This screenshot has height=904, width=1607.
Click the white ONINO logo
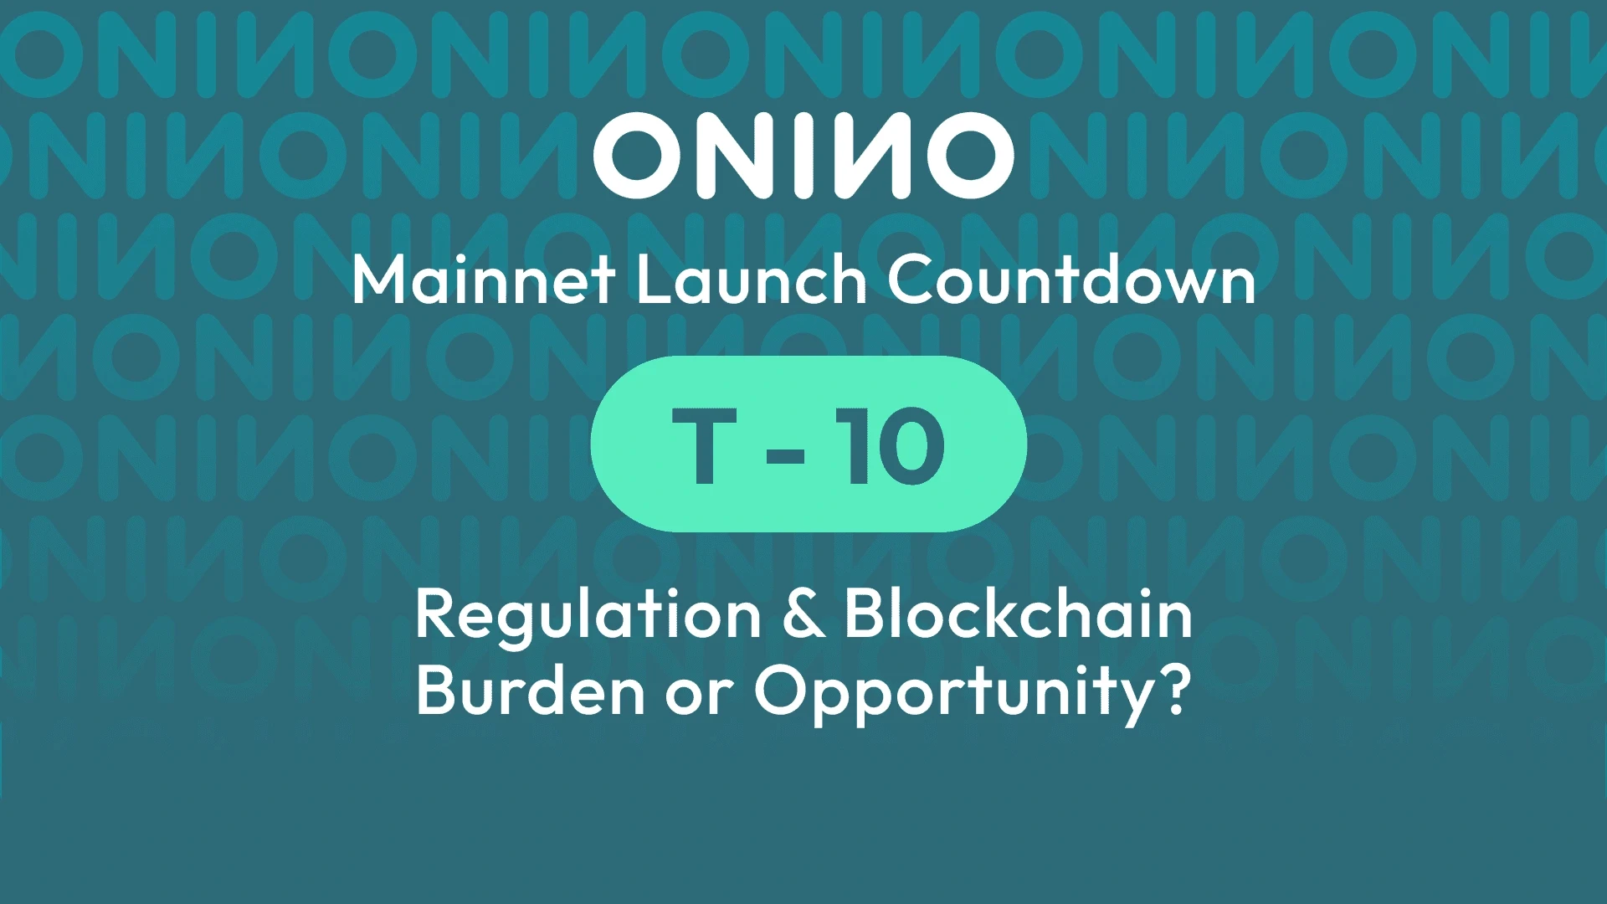tap(803, 156)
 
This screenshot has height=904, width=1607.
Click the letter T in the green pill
tap(704, 446)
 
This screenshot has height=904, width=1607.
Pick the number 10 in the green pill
tap(891, 446)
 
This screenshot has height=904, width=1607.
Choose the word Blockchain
tap(1018, 615)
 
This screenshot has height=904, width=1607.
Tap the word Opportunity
tap(953, 693)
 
